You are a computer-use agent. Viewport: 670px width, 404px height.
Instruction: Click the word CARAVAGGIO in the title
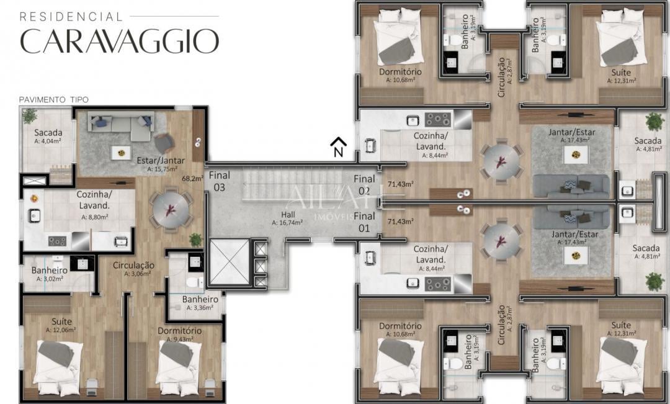(x=119, y=40)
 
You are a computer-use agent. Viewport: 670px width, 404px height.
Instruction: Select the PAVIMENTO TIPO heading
(x=53, y=99)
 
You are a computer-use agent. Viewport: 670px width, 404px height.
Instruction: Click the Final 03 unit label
(x=219, y=181)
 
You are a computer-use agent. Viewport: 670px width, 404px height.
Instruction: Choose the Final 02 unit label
(x=364, y=184)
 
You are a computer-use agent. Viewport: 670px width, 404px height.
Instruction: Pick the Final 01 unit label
(x=364, y=222)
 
